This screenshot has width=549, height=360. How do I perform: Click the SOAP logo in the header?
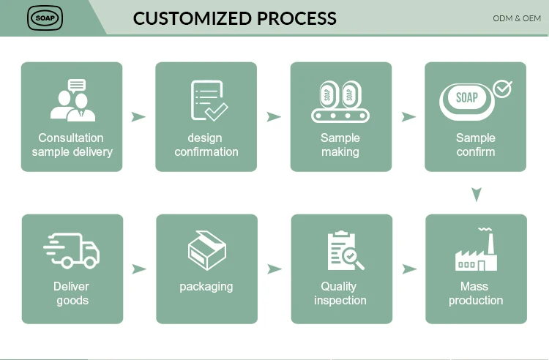pos(45,18)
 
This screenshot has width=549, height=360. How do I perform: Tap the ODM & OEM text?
pos(517,18)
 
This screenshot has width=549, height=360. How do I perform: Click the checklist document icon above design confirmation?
pos(209,100)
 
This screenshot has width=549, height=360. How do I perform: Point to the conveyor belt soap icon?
pos(340,102)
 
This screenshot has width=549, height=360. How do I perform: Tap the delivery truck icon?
pos(72,250)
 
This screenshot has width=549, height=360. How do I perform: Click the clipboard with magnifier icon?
pos(344,251)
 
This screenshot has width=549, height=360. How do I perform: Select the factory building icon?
pos(476,250)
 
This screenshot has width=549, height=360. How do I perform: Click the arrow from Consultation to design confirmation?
pos(138,117)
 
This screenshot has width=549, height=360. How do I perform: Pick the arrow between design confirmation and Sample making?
pos(274,117)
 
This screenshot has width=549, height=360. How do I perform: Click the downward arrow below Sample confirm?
pos(477,195)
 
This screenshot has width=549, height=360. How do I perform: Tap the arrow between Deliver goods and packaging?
pos(138,269)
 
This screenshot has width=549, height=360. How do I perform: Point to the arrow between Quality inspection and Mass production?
pos(409,269)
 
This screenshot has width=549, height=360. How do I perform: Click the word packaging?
pos(206,286)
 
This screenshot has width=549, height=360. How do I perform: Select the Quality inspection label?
pos(340,293)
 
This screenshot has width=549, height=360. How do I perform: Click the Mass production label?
pos(476,293)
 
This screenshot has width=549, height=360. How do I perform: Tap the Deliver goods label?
pos(72,293)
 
